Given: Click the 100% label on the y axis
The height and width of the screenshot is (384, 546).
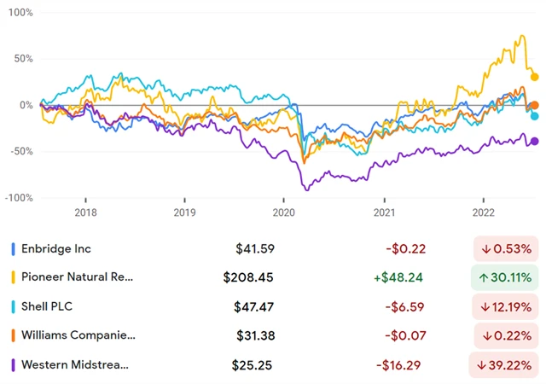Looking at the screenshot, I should pos(21,14).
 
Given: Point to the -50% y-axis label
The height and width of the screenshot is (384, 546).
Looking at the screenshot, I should pos(21,151).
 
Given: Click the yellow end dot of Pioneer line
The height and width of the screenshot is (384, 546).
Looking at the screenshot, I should pos(535,77).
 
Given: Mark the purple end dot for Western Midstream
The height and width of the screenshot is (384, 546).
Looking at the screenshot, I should pos(535,142).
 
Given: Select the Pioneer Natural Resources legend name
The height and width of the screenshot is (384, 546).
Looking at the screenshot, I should pos(78,277).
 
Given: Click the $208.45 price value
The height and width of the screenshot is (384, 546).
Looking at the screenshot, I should pos(249,277).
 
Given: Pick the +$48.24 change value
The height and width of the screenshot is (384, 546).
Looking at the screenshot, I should pos(398,277).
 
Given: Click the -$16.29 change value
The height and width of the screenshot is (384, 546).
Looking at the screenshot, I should pos(399,364).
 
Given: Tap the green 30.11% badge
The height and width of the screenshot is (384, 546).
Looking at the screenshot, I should pos(507,277).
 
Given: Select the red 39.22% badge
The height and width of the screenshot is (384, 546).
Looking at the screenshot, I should pos(507,364).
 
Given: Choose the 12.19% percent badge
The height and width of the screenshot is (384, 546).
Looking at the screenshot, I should pos(507,306).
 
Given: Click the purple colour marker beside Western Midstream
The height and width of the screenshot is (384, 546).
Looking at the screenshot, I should pos(13,364).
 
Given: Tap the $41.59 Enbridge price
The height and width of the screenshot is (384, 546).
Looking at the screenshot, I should pos(255,249).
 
